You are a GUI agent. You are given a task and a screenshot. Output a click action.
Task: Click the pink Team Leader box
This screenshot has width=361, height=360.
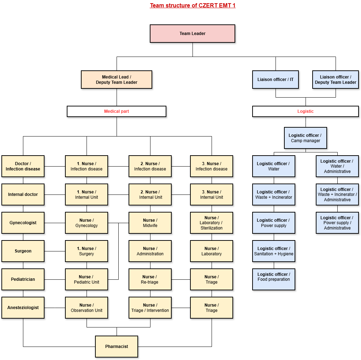193,34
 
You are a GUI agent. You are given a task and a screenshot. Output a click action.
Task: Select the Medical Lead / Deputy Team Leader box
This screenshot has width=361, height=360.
117,80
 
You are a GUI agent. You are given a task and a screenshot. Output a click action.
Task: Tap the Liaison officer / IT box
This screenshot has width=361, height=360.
276,80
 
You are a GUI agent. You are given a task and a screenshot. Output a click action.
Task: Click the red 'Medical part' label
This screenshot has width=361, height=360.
117,111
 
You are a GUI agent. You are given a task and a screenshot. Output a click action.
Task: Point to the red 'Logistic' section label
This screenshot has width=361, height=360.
306,111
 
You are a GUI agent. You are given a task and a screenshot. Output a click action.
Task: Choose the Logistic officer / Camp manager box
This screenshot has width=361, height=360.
306,138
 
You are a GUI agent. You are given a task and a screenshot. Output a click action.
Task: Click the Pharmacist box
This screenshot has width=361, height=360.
117,347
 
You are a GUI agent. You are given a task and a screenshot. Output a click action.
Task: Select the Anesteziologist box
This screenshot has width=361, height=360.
23,308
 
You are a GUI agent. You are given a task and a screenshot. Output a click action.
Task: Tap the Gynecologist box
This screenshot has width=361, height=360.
23,223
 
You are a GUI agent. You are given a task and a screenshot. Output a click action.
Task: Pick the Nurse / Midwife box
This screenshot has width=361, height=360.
150,223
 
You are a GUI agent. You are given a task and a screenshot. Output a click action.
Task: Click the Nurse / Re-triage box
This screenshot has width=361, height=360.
150,279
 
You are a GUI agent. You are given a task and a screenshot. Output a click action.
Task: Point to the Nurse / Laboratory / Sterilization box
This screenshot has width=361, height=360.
212,223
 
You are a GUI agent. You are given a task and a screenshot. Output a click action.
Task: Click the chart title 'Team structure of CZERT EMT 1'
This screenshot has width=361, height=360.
193,5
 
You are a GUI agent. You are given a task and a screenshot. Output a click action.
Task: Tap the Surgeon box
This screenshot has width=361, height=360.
23,251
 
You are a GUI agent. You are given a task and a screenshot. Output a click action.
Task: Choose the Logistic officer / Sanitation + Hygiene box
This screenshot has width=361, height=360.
274,251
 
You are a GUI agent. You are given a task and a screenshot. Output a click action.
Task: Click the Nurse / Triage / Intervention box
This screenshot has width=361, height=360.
150,308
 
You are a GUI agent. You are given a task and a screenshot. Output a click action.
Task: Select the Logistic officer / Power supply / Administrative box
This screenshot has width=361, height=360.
337,223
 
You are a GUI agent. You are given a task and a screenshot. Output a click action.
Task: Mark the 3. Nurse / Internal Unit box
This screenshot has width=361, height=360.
212,194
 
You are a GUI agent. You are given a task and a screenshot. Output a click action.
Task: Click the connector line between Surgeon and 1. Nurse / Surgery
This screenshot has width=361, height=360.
55,251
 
